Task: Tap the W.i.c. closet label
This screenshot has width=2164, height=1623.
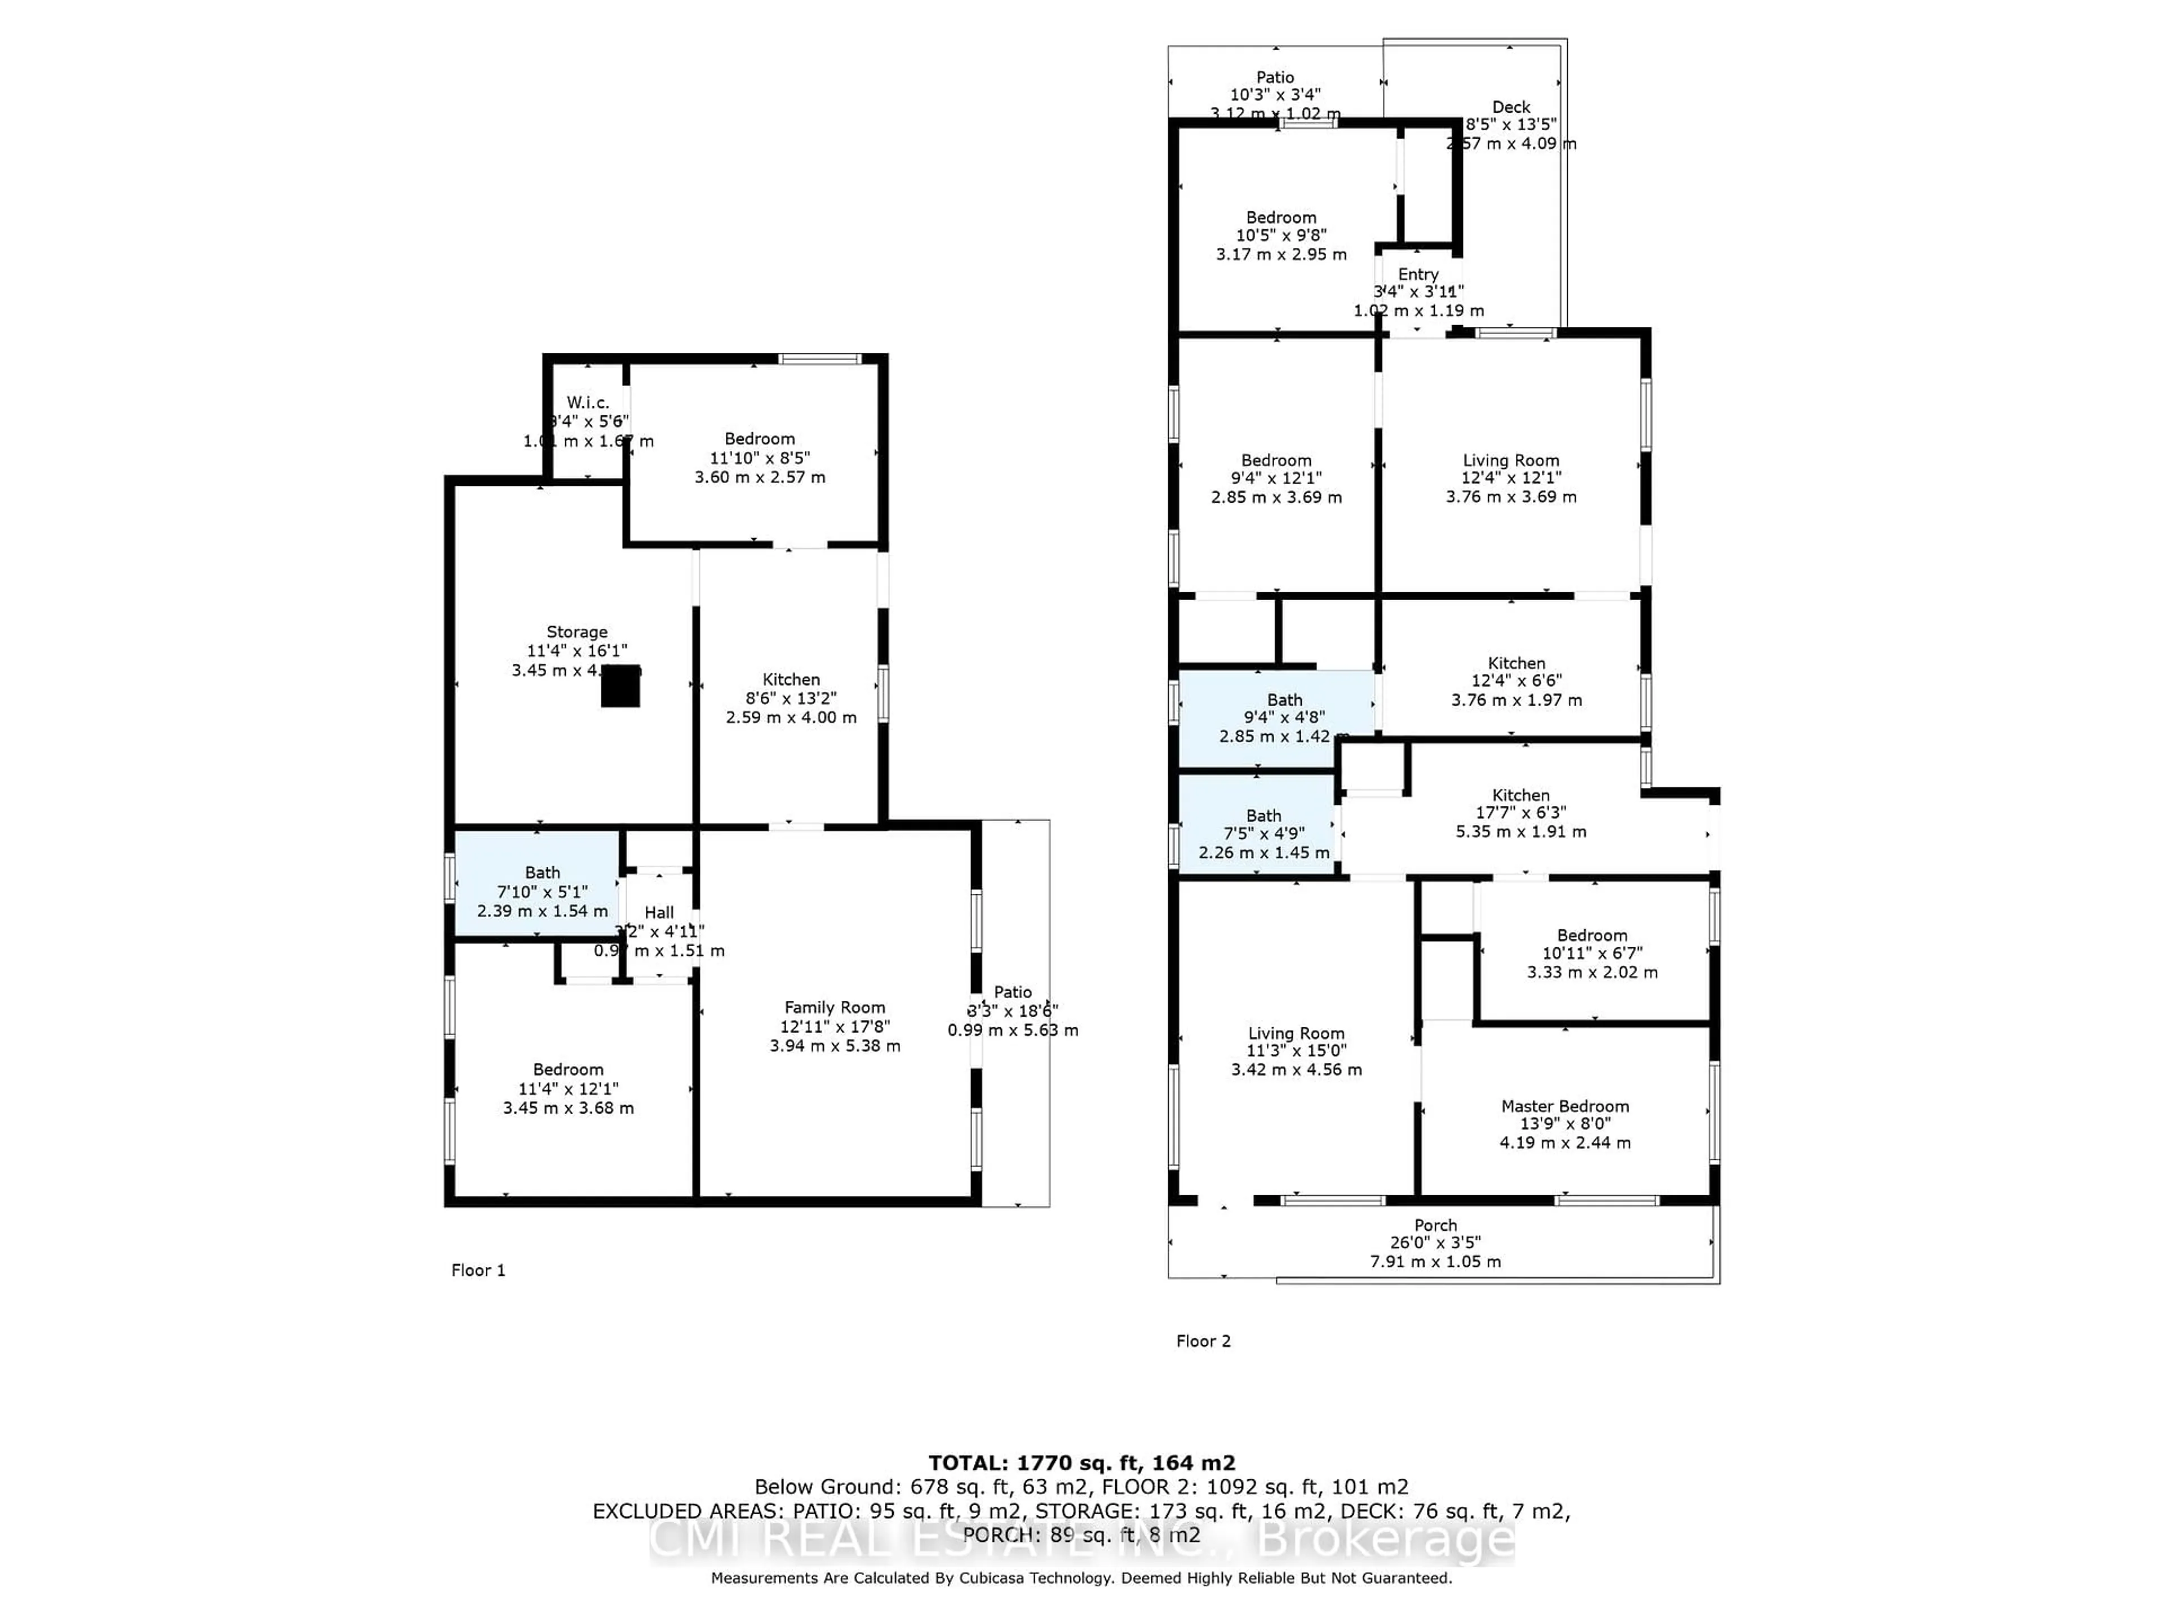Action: [588, 402]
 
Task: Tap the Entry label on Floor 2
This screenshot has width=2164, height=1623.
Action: [1417, 274]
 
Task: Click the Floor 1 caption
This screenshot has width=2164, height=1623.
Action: [477, 1270]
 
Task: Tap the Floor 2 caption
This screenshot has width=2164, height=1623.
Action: [1203, 1340]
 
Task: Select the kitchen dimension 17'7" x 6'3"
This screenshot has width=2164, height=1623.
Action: [1520, 813]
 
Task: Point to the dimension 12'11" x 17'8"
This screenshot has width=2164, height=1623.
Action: [835, 1026]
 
